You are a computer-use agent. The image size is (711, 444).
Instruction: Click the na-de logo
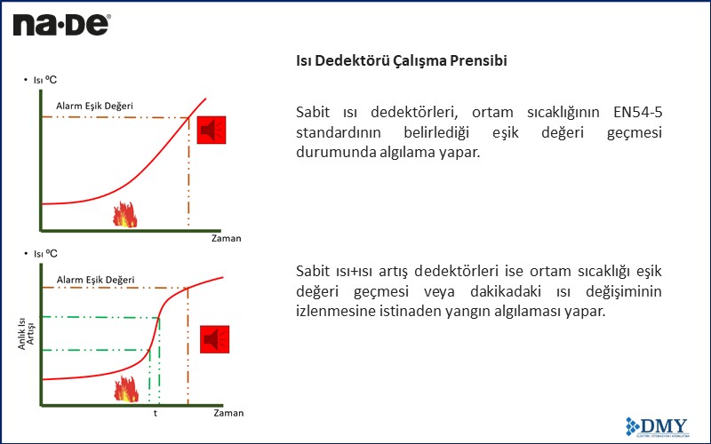click(x=60, y=24)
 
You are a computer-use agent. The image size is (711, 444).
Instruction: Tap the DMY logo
click(x=659, y=424)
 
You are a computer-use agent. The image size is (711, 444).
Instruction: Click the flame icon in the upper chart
click(x=124, y=213)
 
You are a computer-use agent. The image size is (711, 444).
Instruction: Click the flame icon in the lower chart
click(x=126, y=388)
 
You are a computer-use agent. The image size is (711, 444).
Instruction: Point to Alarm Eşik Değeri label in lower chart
click(x=96, y=280)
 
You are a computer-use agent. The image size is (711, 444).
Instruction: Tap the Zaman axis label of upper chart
click(x=226, y=238)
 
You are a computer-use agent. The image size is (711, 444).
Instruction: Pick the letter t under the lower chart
click(x=156, y=414)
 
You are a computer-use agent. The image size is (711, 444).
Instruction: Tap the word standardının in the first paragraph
click(x=337, y=132)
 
